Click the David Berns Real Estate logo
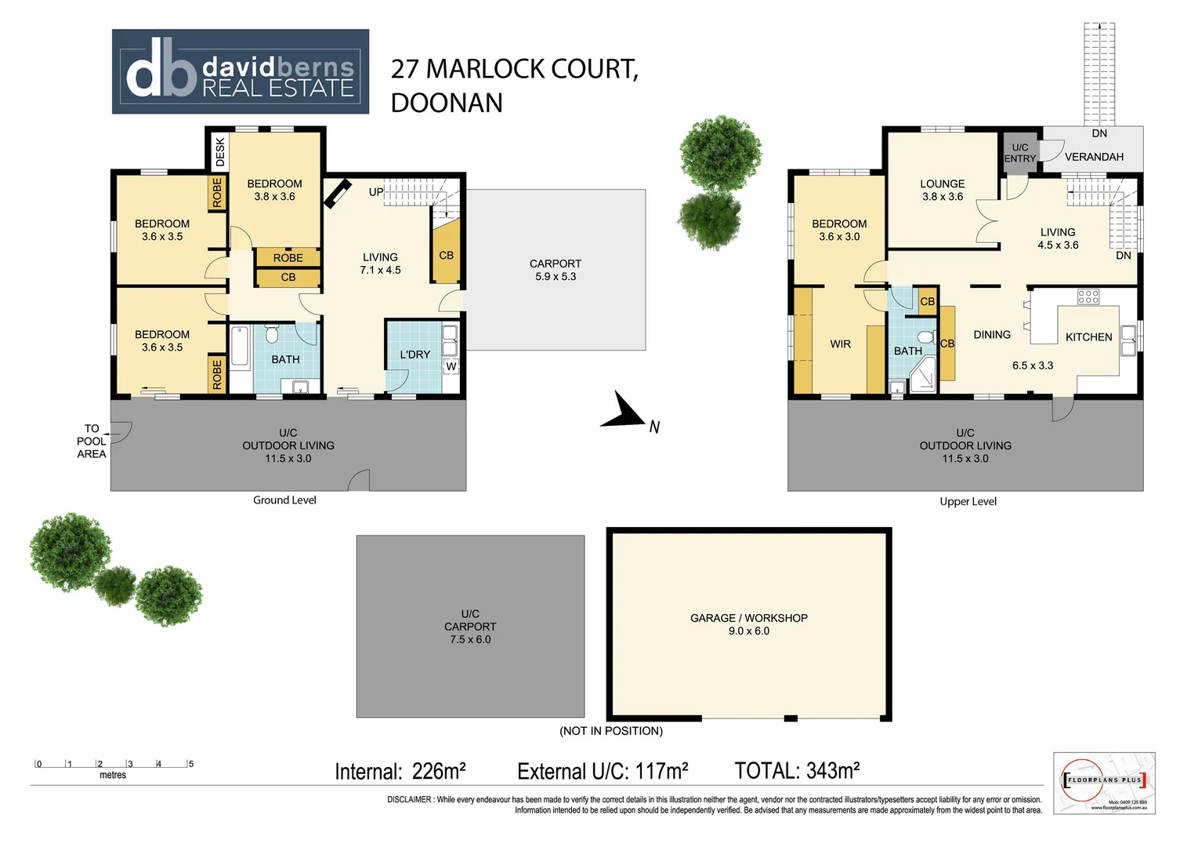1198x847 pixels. pyautogui.click(x=240, y=72)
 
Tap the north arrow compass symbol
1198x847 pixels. pyautogui.click(x=623, y=412)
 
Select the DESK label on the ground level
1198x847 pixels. pyautogui.click(x=220, y=151)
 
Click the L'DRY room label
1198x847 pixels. pyautogui.click(x=414, y=354)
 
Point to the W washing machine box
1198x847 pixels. pyautogui.click(x=451, y=366)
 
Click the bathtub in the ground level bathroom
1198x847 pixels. pyautogui.click(x=240, y=358)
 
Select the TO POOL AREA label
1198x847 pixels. pyautogui.click(x=92, y=441)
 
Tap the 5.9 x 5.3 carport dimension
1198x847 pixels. pyautogui.click(x=555, y=277)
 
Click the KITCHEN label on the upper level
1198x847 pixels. pyautogui.click(x=1088, y=337)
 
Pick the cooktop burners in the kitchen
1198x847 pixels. pyautogui.click(x=1088, y=296)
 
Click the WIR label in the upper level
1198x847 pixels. pyautogui.click(x=840, y=344)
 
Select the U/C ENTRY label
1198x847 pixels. pyautogui.click(x=1019, y=153)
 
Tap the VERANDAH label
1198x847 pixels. pyautogui.click(x=1094, y=157)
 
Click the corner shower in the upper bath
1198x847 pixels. pyautogui.click(x=923, y=376)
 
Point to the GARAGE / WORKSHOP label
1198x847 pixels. pyautogui.click(x=748, y=618)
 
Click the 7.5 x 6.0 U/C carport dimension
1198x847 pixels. pyautogui.click(x=470, y=640)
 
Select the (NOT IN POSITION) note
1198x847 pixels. pyautogui.click(x=610, y=731)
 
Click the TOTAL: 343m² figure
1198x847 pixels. pyautogui.click(x=797, y=771)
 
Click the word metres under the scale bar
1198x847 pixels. pyautogui.click(x=113, y=775)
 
